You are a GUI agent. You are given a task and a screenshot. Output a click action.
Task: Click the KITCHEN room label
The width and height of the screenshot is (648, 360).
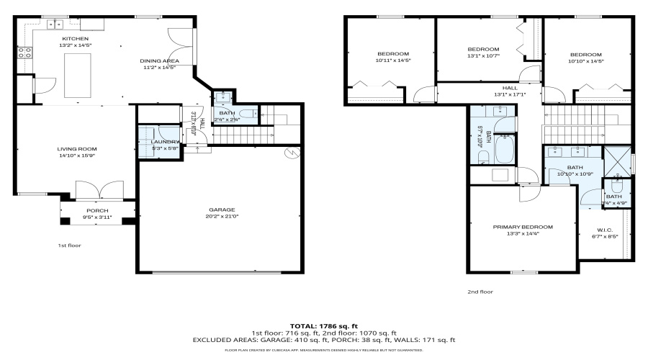coord(76,38)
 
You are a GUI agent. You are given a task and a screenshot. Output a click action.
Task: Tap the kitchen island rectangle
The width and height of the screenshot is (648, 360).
coord(76,74)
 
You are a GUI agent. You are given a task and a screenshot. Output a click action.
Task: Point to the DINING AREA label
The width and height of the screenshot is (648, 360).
coord(159,60)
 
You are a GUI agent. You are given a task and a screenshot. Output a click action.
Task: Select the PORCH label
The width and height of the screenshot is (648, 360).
coord(97,210)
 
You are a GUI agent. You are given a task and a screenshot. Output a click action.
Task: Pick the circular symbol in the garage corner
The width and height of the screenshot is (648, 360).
coord(292,153)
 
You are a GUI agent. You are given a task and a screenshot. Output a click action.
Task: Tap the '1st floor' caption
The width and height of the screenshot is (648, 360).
coord(70,246)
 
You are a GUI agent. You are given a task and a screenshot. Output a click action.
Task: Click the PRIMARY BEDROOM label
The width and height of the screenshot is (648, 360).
coord(523,227)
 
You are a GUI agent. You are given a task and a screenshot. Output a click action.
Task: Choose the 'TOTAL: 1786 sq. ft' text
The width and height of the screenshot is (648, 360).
coord(323,325)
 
